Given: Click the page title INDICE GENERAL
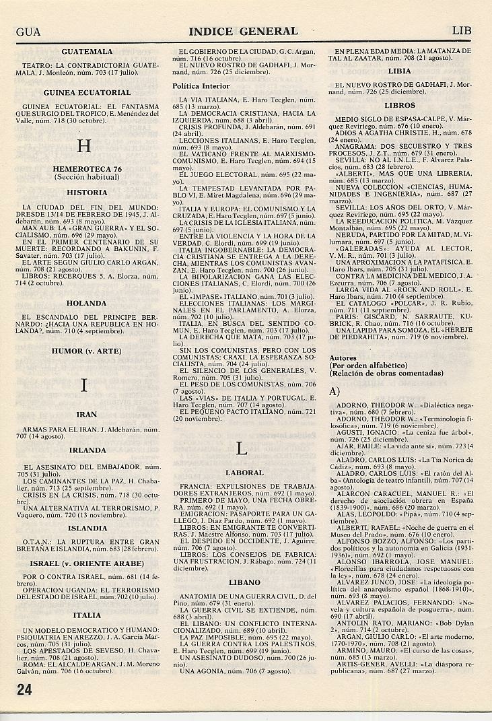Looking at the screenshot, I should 243,31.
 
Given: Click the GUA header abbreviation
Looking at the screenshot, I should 28,31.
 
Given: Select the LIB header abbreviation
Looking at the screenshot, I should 462,31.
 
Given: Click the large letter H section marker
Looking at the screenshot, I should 84,146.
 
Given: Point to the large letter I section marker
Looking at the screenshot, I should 84,385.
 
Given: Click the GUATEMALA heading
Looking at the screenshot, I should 87,51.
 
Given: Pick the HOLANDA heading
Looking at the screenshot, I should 87,303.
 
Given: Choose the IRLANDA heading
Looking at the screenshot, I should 87,450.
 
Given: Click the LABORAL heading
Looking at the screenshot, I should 244,473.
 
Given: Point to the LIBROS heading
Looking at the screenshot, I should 400,106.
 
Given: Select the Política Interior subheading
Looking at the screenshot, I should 201,86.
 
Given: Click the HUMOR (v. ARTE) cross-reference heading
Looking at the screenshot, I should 87,351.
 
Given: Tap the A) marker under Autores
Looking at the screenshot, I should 335,391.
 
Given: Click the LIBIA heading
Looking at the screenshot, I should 400,70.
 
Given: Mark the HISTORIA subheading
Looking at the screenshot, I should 87,193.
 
